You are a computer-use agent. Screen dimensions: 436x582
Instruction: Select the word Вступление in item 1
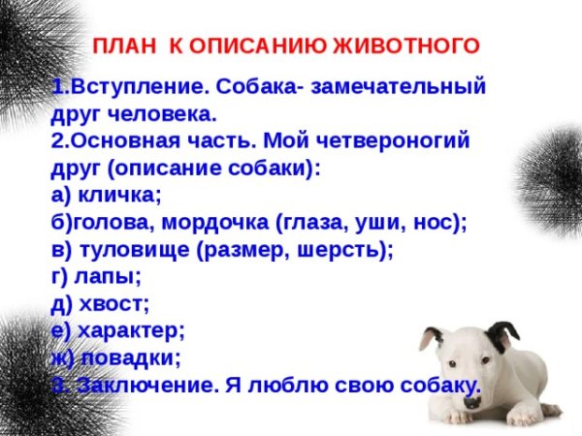pos(131,86)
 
